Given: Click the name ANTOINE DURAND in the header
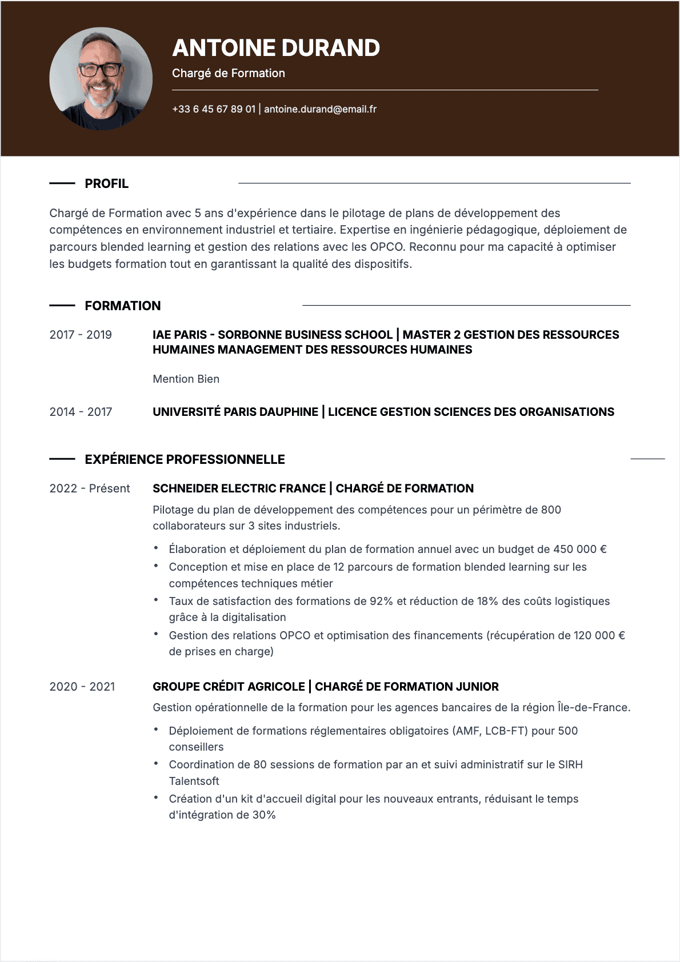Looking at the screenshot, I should tap(276, 48).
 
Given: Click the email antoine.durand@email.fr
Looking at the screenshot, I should tap(320, 109).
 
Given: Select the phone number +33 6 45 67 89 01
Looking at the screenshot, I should tap(214, 109).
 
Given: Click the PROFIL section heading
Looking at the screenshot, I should tap(107, 184).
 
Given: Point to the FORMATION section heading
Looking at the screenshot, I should tap(123, 306).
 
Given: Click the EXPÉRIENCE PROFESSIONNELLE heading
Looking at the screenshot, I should tap(185, 460).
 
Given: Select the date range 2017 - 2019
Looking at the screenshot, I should tap(81, 335).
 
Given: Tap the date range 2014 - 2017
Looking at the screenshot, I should tap(81, 412).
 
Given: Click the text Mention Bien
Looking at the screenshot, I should tap(186, 379).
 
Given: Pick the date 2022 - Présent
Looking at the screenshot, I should tap(90, 489).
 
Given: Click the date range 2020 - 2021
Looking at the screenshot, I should tap(82, 687).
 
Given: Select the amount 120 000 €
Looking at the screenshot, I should tap(599, 636).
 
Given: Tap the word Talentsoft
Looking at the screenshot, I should tap(194, 781).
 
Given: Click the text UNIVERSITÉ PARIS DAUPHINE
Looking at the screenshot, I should tap(235, 412).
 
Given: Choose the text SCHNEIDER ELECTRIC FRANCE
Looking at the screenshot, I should tap(239, 489).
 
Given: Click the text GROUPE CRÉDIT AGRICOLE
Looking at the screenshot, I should tap(229, 687).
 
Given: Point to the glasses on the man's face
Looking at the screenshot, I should tap(99, 70).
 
